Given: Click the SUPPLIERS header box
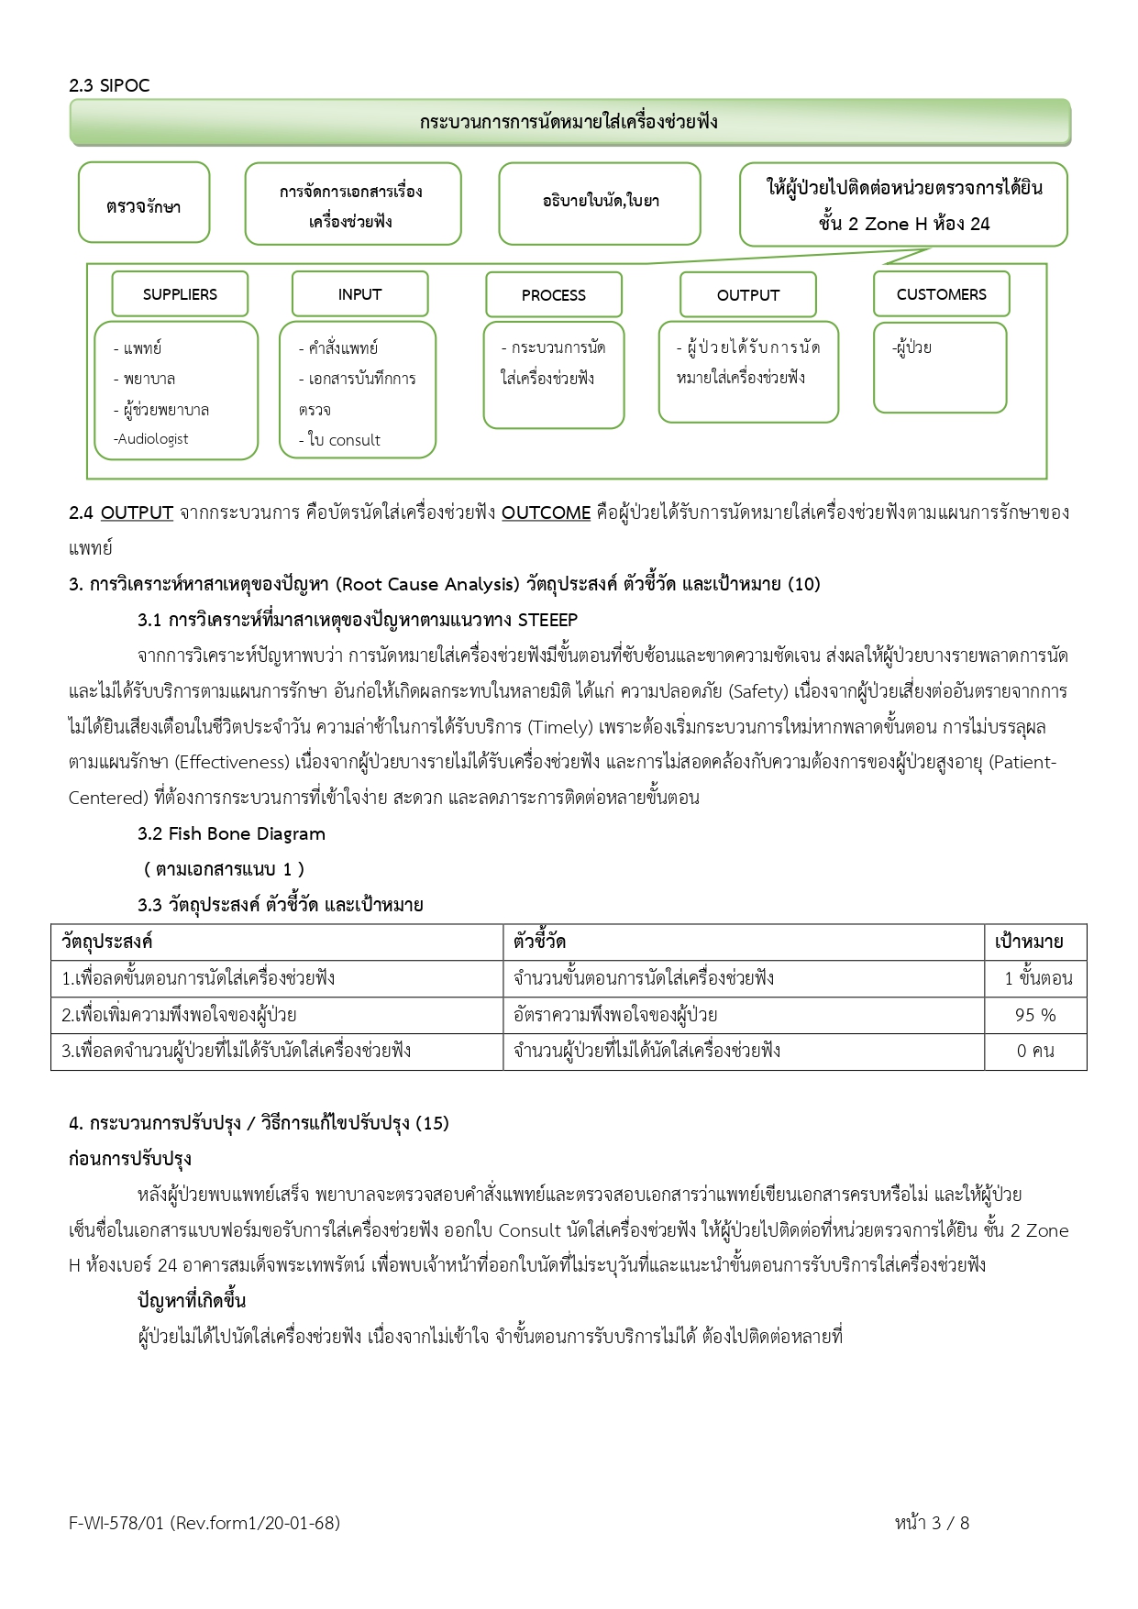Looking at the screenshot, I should [x=180, y=294].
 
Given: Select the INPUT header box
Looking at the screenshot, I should [x=359, y=294].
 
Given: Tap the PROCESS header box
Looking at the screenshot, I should [x=553, y=295].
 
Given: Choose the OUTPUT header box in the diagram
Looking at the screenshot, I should [x=747, y=295].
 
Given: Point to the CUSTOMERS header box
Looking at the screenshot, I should [x=941, y=294].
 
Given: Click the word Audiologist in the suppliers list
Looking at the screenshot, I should [x=153, y=439].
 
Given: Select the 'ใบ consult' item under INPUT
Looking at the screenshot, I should [x=341, y=440].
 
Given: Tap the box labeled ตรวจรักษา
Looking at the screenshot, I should [x=144, y=203].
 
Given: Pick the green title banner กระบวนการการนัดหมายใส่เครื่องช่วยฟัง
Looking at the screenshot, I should [x=569, y=122].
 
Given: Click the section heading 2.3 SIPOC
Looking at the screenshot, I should [x=109, y=85].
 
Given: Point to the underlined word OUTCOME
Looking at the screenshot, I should [x=546, y=512].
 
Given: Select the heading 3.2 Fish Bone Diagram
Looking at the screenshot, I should [x=231, y=833].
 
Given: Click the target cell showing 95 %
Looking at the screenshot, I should [x=1035, y=1015].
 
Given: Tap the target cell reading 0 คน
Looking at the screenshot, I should [x=1035, y=1051].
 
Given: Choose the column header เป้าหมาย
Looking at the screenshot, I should [x=1029, y=942].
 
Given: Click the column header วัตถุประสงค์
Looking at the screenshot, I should [x=107, y=942].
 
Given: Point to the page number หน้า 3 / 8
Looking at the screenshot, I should [x=932, y=1523].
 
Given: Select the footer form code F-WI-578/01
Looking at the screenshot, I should [x=116, y=1523].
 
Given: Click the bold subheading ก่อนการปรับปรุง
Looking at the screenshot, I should [x=129, y=1159].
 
